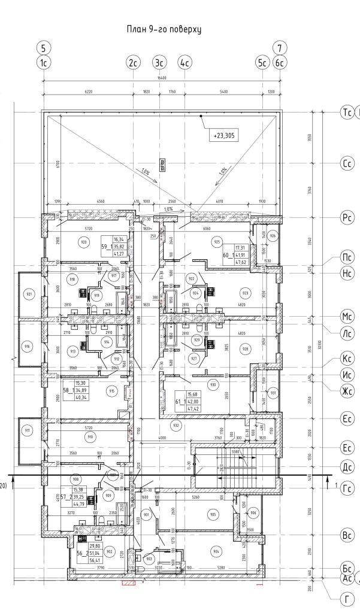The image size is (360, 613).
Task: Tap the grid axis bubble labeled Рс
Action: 346,218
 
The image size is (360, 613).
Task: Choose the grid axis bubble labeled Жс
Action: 346,391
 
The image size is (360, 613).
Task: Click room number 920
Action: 84,242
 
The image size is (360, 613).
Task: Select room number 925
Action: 217,242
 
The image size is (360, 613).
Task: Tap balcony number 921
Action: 28,294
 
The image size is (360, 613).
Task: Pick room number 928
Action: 244,348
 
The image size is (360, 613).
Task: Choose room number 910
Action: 90,437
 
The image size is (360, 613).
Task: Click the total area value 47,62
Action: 243,262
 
